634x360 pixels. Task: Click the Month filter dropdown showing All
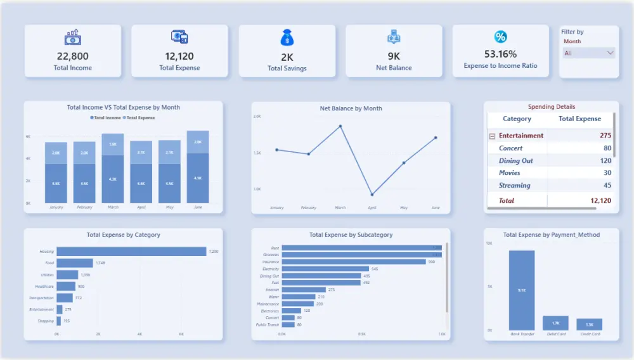[589, 53]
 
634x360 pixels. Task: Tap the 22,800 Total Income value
[72, 56]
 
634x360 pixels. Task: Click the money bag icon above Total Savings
[287, 38]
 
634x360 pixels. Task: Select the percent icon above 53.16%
[500, 37]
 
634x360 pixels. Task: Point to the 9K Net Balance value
[394, 56]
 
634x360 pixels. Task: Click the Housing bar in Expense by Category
[131, 252]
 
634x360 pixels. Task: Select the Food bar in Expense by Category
[75, 263]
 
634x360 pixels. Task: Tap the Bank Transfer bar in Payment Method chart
[522, 290]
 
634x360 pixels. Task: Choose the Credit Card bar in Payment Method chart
[589, 325]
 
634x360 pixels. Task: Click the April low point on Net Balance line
[372, 195]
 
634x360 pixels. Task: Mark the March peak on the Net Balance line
[340, 126]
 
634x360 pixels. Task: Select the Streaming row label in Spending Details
[514, 186]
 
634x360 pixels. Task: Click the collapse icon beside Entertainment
[492, 136]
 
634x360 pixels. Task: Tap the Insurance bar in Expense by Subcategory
[353, 262]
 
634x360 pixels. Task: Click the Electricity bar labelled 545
[325, 269]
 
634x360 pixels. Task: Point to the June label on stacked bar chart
[198, 207]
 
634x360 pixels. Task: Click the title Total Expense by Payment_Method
[551, 235]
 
